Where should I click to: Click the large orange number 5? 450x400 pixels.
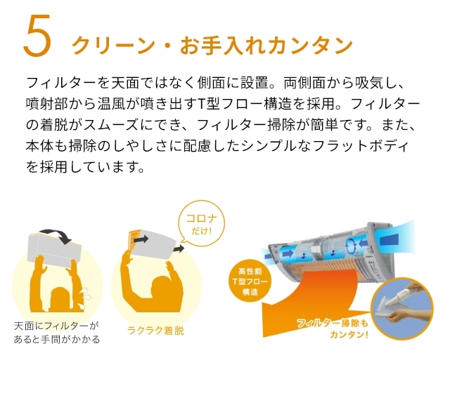pos(37,36)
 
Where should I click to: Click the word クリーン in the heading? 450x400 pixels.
pos(113,46)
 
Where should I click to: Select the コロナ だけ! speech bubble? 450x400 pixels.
pos(202,224)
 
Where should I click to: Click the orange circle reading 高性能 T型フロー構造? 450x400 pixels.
pos(250,282)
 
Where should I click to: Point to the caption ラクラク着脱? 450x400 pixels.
pos(155,331)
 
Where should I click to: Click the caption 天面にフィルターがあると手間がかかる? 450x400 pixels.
pos(57,333)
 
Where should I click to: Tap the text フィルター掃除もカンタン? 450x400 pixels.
pos(333,328)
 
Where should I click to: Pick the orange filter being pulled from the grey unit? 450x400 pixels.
pos(134,240)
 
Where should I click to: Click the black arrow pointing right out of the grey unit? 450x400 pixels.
pos(179,248)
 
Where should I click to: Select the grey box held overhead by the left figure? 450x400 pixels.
pos(55,249)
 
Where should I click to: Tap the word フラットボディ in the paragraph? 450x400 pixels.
pos(361,146)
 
